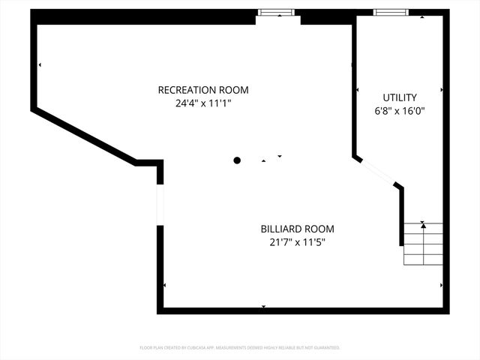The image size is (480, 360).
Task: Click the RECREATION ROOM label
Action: click(x=202, y=90)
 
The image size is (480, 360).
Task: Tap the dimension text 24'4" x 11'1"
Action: click(x=202, y=103)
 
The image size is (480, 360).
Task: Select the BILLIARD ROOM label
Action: click(x=297, y=229)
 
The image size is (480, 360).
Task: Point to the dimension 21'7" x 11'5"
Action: click(x=297, y=242)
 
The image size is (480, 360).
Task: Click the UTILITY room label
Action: click(x=400, y=97)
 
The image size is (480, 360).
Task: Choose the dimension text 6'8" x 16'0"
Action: click(x=400, y=111)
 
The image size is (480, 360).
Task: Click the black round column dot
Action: click(x=237, y=160)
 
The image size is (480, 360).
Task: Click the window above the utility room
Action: click(x=391, y=12)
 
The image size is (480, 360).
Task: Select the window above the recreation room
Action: click(x=275, y=12)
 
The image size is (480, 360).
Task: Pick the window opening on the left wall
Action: click(x=160, y=203)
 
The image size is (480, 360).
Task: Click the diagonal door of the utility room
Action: click(x=378, y=172)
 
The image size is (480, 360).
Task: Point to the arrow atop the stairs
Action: click(x=423, y=223)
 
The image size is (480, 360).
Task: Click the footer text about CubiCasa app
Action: click(x=240, y=348)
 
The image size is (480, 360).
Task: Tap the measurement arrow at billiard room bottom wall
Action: click(x=263, y=306)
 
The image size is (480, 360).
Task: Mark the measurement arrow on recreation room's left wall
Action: click(x=40, y=65)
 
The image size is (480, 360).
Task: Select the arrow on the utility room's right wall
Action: click(x=441, y=90)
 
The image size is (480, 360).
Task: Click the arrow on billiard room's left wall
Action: click(x=164, y=285)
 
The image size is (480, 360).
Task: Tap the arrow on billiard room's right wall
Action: click(x=441, y=285)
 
